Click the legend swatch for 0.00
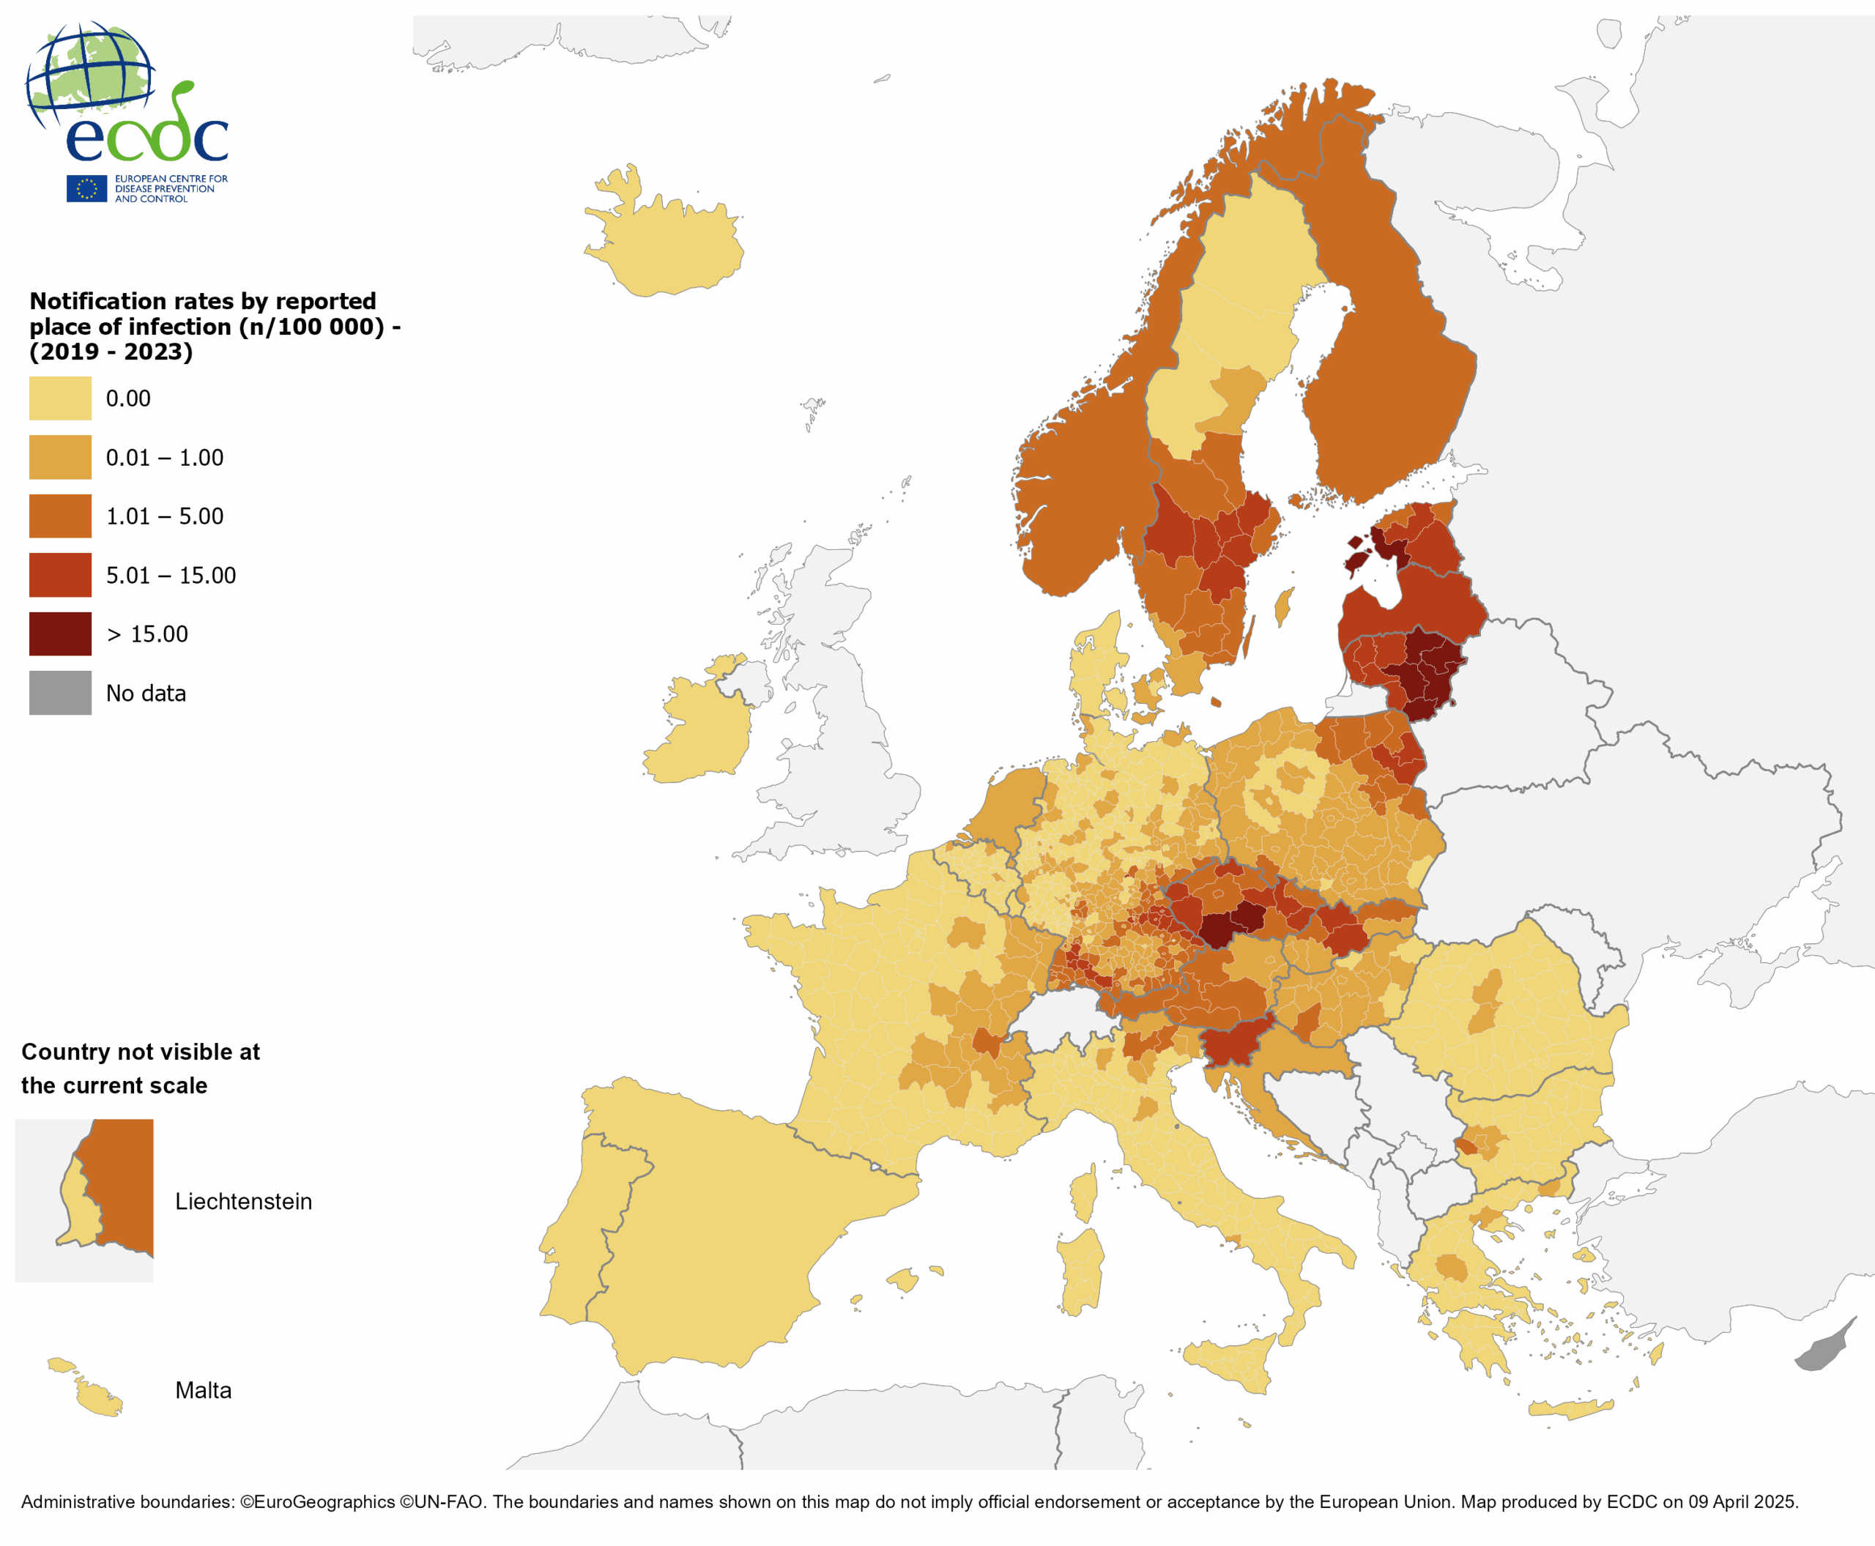(x=59, y=398)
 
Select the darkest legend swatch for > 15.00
(x=59, y=633)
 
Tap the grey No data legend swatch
(x=59, y=692)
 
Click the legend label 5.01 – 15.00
(x=171, y=576)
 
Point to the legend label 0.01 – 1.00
(x=165, y=458)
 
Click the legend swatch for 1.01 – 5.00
(x=59, y=516)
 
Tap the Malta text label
(x=203, y=1390)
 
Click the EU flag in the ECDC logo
(x=86, y=189)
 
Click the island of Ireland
(x=699, y=730)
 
